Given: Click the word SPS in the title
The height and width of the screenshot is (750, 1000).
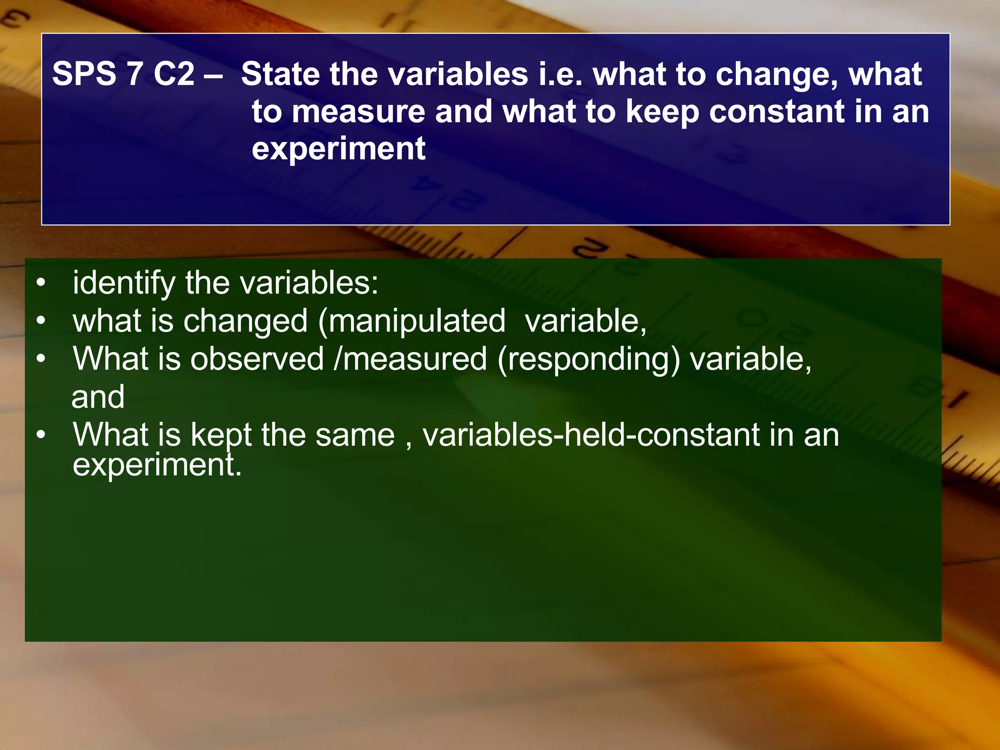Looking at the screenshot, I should (84, 74).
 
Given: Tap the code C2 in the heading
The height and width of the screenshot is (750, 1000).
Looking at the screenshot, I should (174, 74).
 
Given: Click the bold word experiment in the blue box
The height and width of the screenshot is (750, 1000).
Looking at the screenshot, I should (338, 149).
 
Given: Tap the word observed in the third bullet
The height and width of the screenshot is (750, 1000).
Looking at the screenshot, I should (257, 359).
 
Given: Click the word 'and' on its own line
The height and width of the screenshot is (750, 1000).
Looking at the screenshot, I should (98, 396).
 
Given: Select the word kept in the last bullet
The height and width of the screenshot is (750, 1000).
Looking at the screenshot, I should (221, 435).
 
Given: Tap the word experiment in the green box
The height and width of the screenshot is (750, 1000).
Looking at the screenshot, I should (157, 465).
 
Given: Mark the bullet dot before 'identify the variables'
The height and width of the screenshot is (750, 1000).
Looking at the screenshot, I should (41, 283).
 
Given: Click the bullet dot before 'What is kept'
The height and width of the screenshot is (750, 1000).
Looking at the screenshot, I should (41, 434).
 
